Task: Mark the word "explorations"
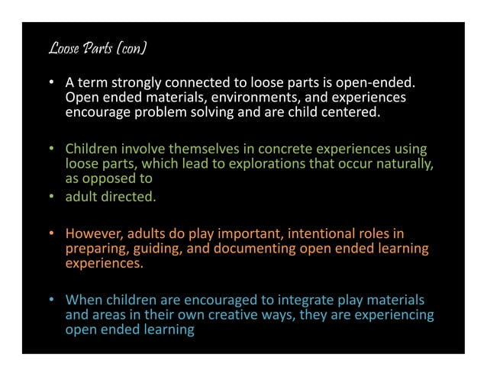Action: coord(263,164)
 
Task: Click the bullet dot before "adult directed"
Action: coord(52,197)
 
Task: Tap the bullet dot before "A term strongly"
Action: coord(52,82)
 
